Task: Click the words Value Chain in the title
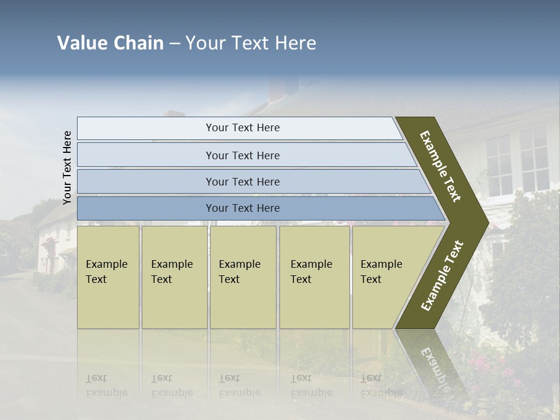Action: (x=110, y=43)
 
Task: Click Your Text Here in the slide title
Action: (x=251, y=43)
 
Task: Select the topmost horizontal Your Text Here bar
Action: (x=242, y=128)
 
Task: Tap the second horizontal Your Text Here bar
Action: (x=242, y=155)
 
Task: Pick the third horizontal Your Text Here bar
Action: (x=242, y=181)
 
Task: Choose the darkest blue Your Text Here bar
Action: (x=242, y=208)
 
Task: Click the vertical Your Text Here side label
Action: (x=68, y=167)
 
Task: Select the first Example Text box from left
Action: (x=108, y=277)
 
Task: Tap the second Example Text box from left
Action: (x=174, y=277)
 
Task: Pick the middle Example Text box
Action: (x=242, y=277)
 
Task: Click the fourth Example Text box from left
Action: (x=314, y=277)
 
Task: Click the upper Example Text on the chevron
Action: (x=440, y=166)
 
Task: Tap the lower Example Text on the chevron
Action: (x=442, y=276)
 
